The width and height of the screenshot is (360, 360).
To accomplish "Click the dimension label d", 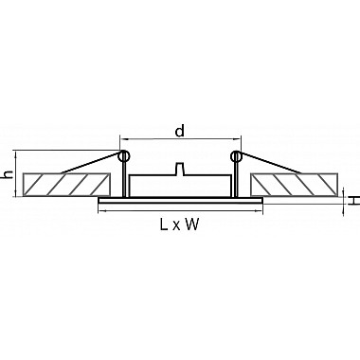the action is [x=179, y=131].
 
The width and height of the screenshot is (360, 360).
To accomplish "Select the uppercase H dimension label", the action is [x=355, y=200].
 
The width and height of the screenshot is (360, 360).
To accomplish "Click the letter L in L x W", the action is [x=164, y=225].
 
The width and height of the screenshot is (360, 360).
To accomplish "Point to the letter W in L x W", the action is [x=192, y=225].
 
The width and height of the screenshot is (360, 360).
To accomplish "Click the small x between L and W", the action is [x=176, y=226].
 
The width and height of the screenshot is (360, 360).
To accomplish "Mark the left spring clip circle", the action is [x=124, y=155].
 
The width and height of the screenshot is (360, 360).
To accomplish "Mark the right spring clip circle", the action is [x=236, y=155].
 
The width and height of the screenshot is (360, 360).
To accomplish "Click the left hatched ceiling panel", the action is [x=66, y=185].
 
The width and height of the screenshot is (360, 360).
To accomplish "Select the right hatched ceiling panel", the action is [x=294, y=185].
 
